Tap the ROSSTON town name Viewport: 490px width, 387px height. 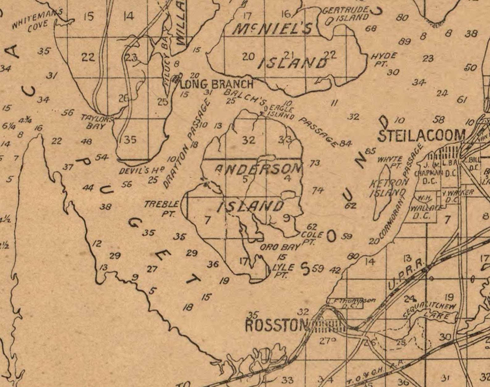[276, 325]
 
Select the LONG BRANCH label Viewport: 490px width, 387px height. [217, 84]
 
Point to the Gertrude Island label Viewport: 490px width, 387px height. [347, 14]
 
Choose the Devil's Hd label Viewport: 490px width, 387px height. [142, 170]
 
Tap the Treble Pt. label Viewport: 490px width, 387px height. [162, 208]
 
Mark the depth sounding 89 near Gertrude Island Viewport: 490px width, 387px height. [404, 41]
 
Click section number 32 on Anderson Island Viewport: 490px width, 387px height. [248, 140]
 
